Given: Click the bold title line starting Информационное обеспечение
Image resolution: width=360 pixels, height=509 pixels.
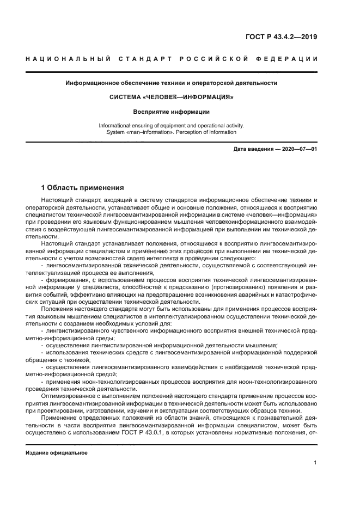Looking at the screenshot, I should (x=172, y=83).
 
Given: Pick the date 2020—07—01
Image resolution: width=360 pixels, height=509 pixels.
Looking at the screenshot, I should (x=298, y=148).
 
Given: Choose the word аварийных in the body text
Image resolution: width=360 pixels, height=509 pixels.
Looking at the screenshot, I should (x=251, y=295).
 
